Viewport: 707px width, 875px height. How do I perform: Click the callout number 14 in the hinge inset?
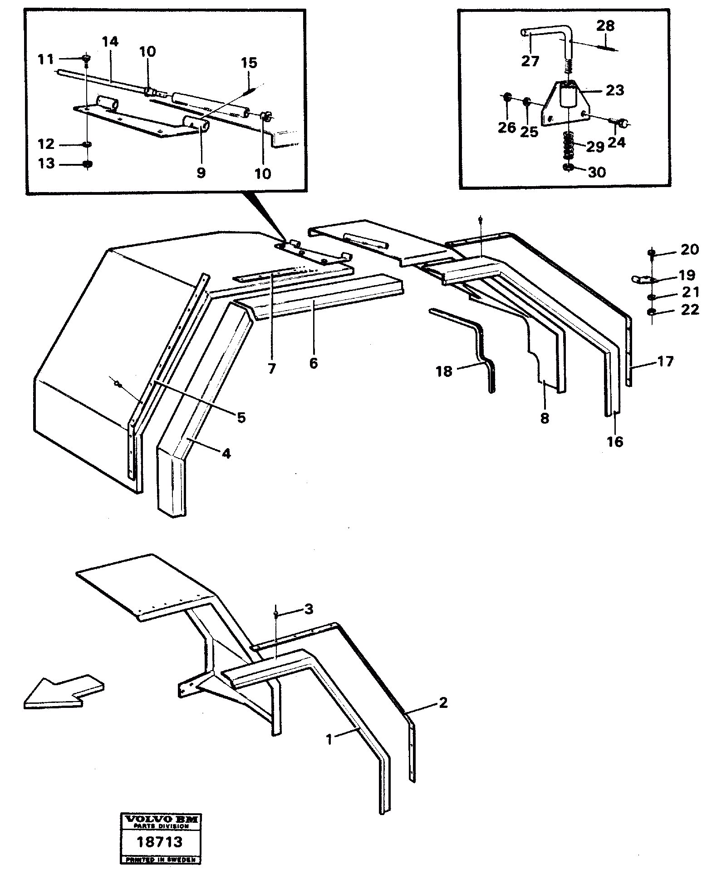[x=110, y=42]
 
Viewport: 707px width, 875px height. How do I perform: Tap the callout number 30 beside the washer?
[x=597, y=173]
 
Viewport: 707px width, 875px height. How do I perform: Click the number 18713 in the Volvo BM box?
[x=160, y=842]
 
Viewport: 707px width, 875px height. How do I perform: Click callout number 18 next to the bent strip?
[x=444, y=371]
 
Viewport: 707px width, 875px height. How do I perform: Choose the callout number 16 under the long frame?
[x=615, y=441]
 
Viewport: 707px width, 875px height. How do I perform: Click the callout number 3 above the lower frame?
[x=309, y=609]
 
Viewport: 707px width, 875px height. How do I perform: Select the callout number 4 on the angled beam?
[x=226, y=453]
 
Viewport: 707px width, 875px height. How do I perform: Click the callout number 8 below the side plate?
[x=545, y=418]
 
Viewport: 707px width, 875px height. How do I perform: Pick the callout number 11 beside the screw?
[x=46, y=59]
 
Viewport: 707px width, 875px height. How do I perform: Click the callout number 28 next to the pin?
[x=605, y=26]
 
